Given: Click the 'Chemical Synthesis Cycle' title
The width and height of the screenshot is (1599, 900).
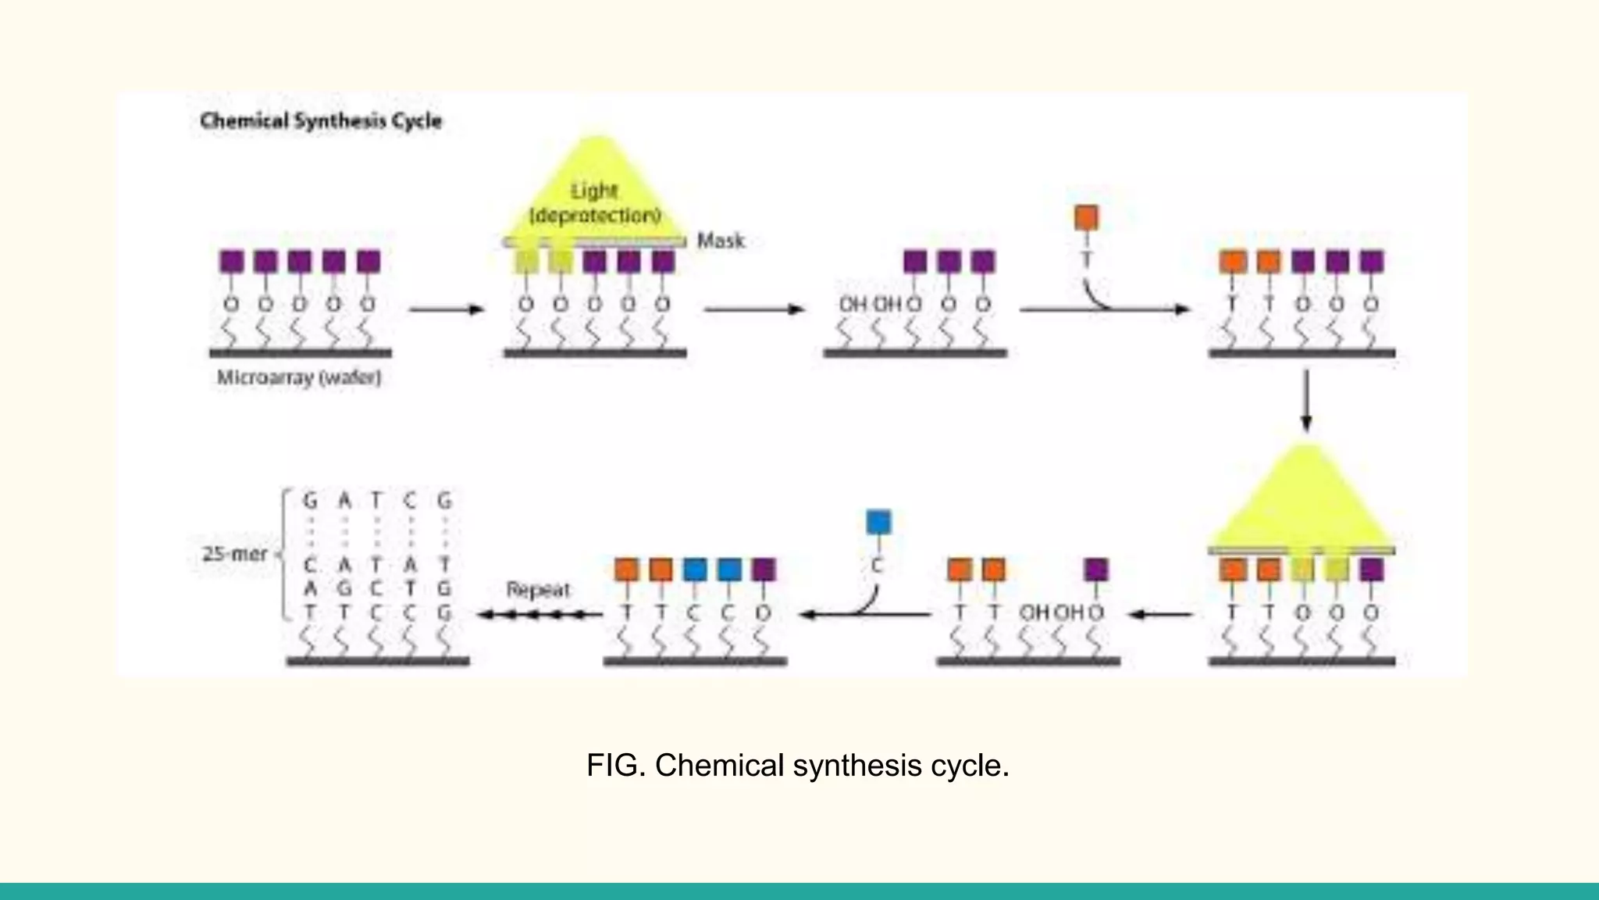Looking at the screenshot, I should coord(321,121).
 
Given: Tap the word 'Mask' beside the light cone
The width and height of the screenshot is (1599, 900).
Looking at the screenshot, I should coord(721,241).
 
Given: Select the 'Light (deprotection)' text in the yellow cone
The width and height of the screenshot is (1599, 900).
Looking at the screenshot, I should coord(595,202).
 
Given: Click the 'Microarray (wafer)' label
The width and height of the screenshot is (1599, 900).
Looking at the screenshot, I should coord(299,378).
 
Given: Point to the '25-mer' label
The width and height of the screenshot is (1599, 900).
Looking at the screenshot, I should coord(234,554).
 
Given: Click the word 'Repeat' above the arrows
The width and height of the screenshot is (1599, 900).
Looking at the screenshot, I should coord(538,589).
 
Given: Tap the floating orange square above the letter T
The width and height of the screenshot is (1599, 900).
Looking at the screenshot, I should coord(1086,217).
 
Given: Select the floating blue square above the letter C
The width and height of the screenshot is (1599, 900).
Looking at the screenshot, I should coord(878,522).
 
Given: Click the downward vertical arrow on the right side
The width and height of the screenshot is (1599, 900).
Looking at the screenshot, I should coord(1306,400).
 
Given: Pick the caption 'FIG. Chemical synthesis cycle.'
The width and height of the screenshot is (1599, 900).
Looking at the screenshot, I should coord(797,766).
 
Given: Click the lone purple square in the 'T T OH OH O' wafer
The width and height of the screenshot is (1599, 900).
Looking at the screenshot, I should coord(1096,570).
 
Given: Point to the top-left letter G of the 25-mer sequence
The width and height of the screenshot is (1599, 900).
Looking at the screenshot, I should coord(310,500).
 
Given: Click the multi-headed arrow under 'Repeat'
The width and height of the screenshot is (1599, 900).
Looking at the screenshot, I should coord(539,615).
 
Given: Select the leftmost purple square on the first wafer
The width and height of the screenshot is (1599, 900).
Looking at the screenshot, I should coord(231,261).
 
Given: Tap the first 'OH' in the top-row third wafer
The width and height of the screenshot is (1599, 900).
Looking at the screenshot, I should coord(853,304).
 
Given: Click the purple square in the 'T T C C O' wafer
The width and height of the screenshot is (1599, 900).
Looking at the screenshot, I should coord(764,570).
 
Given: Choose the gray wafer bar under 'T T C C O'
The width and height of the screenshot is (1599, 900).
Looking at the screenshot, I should coord(695,662).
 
